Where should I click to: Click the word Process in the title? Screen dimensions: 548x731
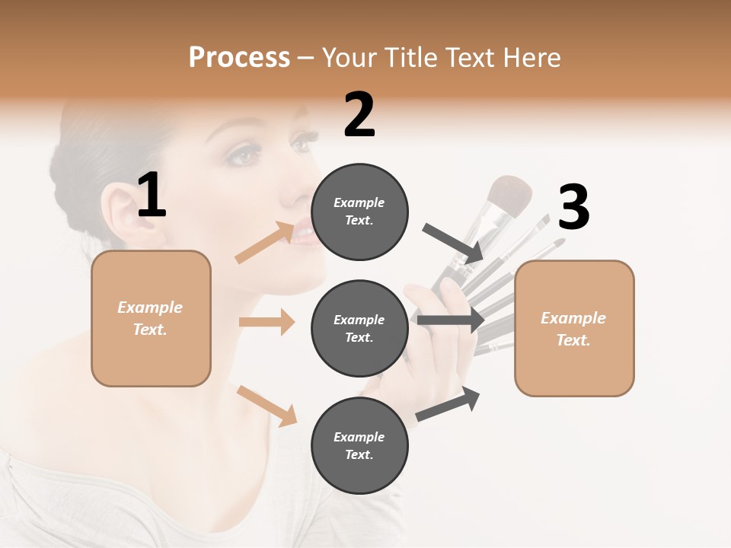click(239, 58)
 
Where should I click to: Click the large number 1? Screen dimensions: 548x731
click(152, 196)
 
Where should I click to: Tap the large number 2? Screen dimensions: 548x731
click(359, 115)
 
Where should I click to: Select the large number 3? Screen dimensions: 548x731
click(573, 208)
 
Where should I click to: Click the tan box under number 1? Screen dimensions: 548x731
click(151, 318)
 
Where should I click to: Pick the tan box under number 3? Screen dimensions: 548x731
click(574, 328)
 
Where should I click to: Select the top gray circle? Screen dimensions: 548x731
click(359, 212)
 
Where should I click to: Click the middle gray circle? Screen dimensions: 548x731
click(359, 328)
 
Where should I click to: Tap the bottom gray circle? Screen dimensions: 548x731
click(359, 445)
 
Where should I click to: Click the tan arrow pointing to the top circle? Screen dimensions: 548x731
click(266, 243)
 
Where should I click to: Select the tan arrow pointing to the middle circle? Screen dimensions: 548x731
click(267, 322)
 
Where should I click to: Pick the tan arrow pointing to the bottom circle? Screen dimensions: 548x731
click(267, 406)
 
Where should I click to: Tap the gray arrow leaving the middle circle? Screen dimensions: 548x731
click(451, 320)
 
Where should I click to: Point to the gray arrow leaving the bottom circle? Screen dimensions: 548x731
click(448, 404)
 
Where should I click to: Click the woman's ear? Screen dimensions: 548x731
click(117, 213)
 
